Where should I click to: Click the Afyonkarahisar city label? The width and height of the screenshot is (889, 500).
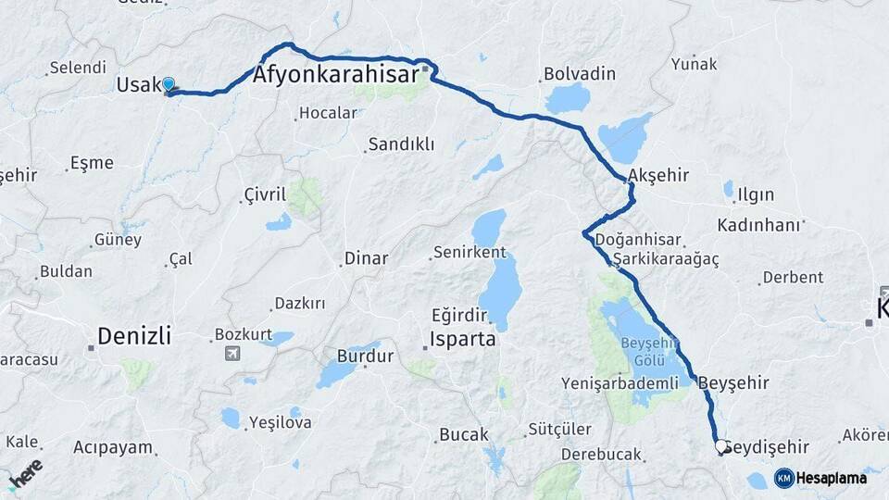pos(335,75)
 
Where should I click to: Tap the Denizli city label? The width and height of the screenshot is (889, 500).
pos(134,335)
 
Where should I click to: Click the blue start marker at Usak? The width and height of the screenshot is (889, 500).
pos(169,85)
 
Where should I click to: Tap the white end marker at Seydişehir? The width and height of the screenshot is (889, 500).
pos(721,447)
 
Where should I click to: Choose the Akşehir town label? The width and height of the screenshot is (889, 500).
pos(657,175)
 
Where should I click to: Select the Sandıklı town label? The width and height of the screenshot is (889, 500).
pos(401,144)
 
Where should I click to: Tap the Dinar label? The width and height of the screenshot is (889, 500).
pos(366,258)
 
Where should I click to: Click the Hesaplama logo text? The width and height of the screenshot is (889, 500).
pos(833,478)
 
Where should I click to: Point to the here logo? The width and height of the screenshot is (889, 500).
pos(25,472)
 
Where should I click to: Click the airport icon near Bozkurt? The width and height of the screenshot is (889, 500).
pos(231,353)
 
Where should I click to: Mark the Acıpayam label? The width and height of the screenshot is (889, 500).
pos(113,447)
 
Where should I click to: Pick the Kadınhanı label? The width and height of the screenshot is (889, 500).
pos(758,225)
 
